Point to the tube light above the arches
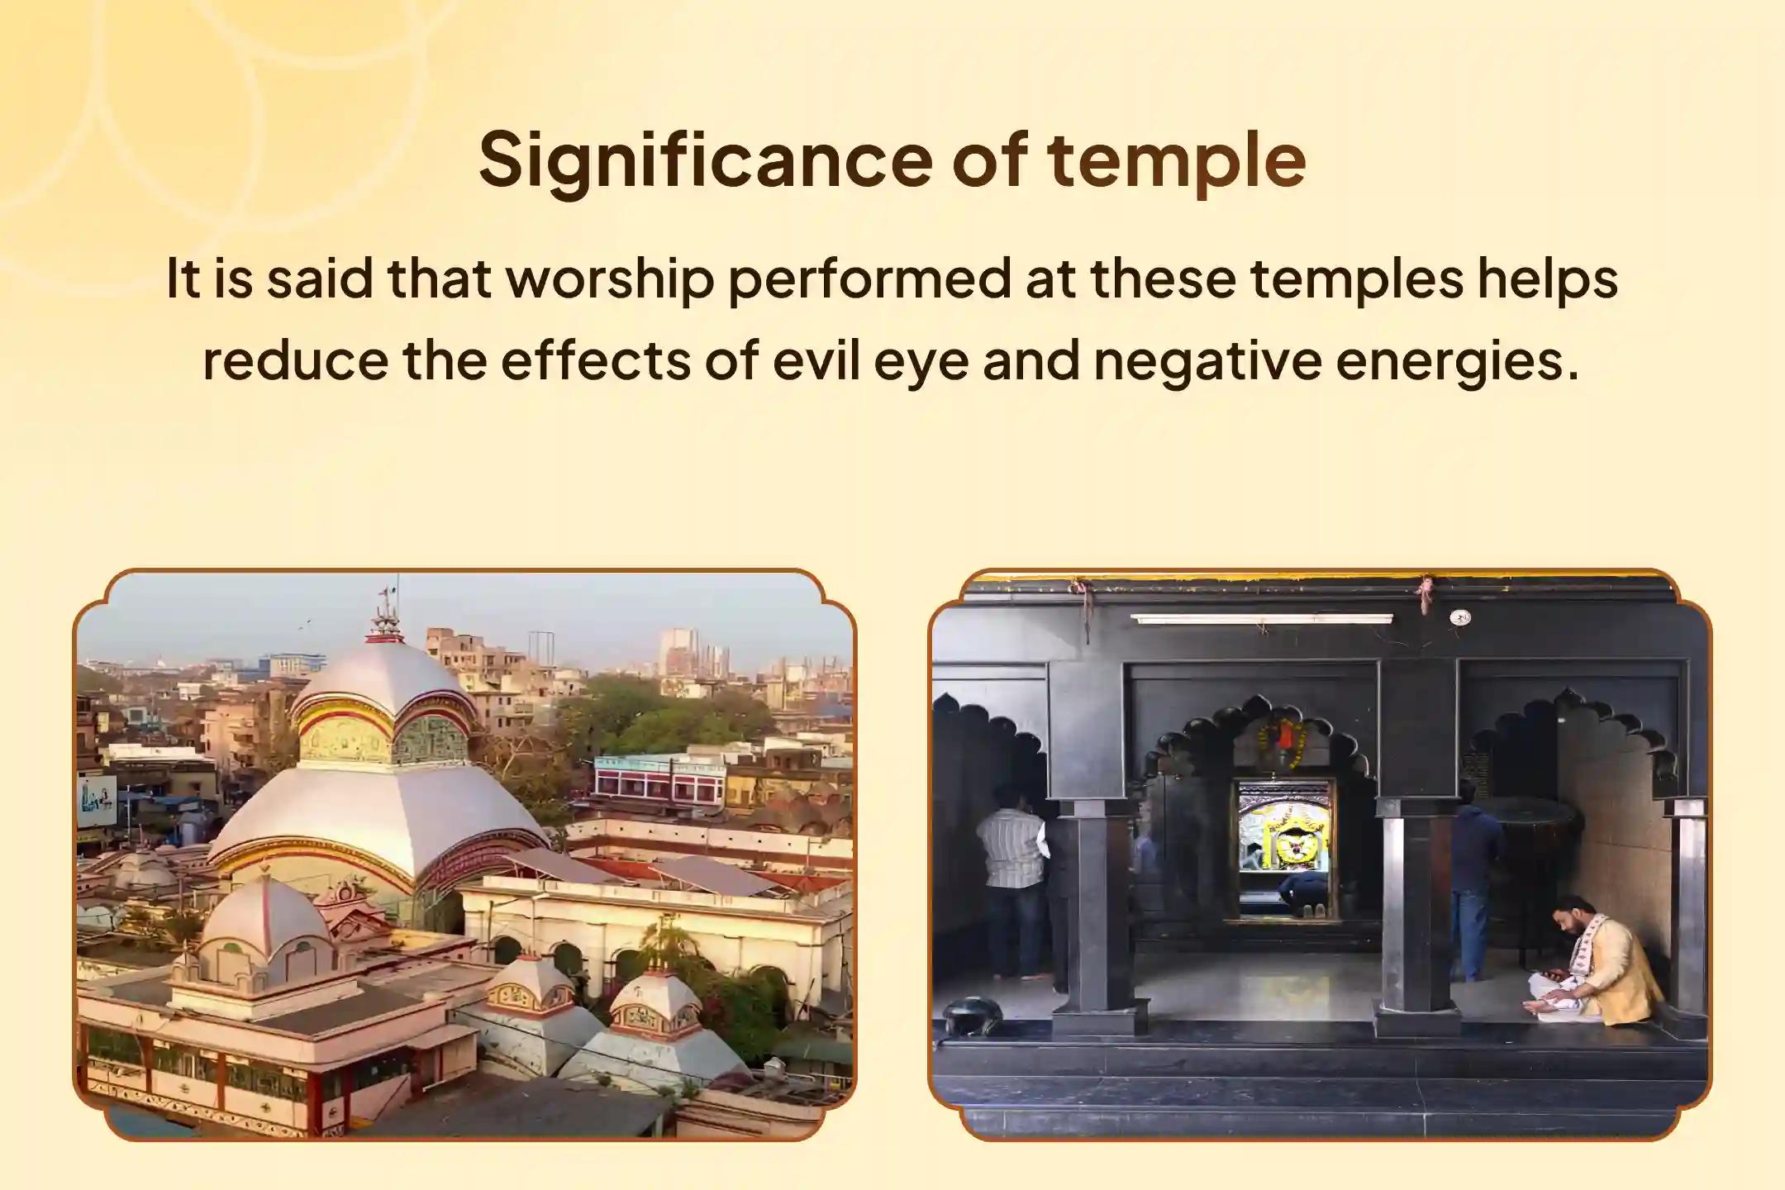click(1261, 618)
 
